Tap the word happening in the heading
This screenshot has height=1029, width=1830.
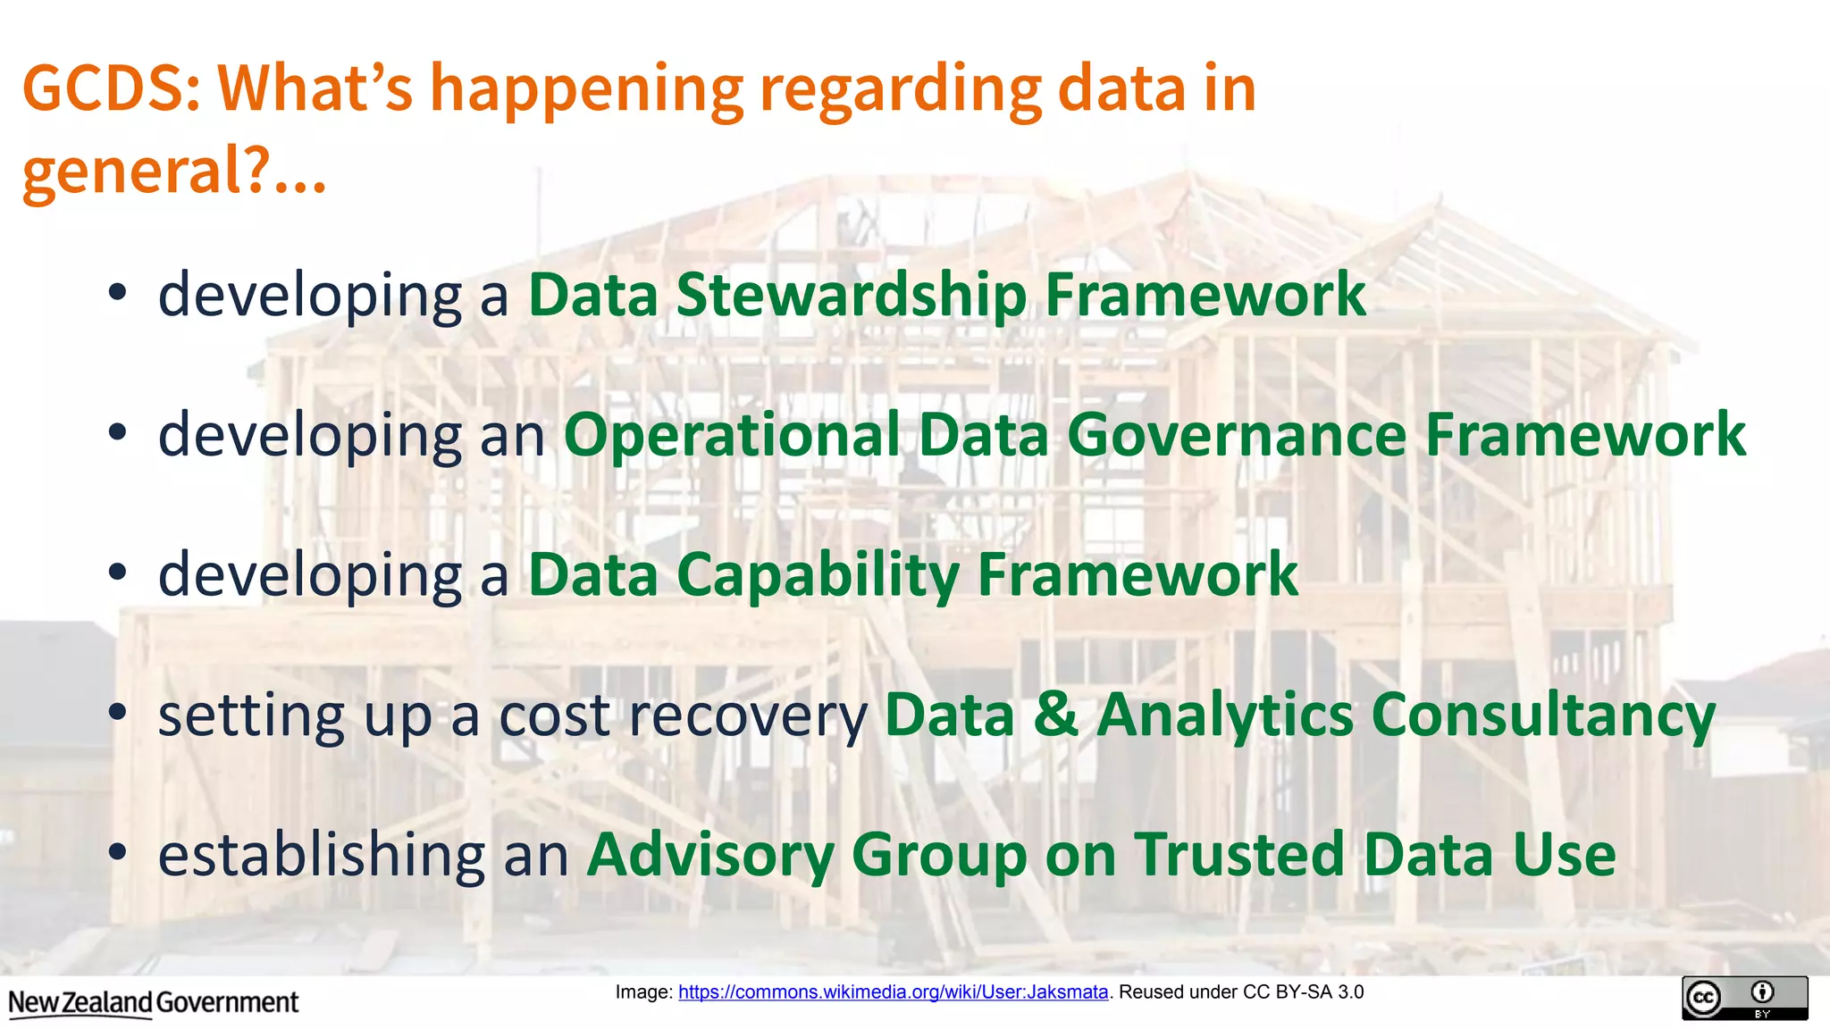(586, 89)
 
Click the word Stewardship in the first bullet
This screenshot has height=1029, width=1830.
(851, 295)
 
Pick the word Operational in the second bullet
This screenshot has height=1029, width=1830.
(732, 435)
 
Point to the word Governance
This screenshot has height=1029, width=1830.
(1237, 435)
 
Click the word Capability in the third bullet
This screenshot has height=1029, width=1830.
(818, 574)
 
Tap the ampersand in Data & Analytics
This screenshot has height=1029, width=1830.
(1055, 715)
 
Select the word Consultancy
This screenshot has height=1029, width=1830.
(1542, 715)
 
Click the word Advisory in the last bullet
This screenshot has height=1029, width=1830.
(710, 855)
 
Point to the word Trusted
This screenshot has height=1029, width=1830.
(1239, 855)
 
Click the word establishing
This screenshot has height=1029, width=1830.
(320, 855)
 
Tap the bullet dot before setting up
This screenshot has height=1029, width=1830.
(118, 713)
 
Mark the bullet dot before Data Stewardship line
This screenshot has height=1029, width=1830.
(118, 293)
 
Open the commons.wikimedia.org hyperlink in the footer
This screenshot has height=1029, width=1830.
(893, 991)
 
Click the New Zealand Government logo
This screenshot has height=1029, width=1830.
(154, 1003)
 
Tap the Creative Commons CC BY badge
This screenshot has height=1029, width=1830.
(1744, 998)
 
